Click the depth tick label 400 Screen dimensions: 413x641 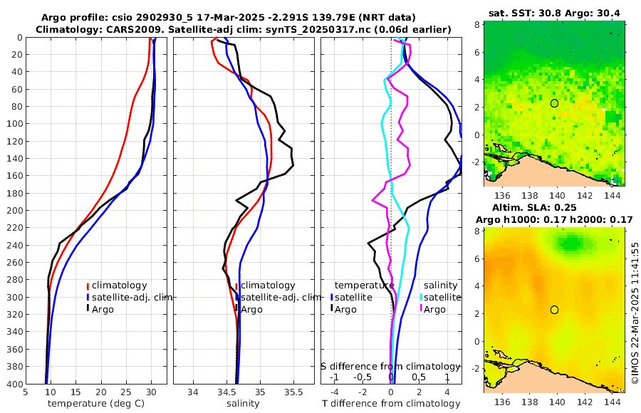(x=14, y=384)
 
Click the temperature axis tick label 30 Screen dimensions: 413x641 (x=151, y=392)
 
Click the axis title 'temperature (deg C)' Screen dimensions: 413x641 (x=95, y=404)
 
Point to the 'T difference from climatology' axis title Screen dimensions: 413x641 (x=390, y=404)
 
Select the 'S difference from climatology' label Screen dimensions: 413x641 (x=390, y=366)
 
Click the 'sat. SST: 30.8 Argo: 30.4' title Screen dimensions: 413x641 (x=554, y=13)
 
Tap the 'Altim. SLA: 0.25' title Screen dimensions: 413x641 (x=554, y=207)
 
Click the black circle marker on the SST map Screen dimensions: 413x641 (x=555, y=103)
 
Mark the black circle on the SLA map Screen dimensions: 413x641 (x=555, y=310)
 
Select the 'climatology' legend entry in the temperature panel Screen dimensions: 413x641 (x=119, y=285)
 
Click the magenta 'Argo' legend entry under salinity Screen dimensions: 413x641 (x=434, y=309)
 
